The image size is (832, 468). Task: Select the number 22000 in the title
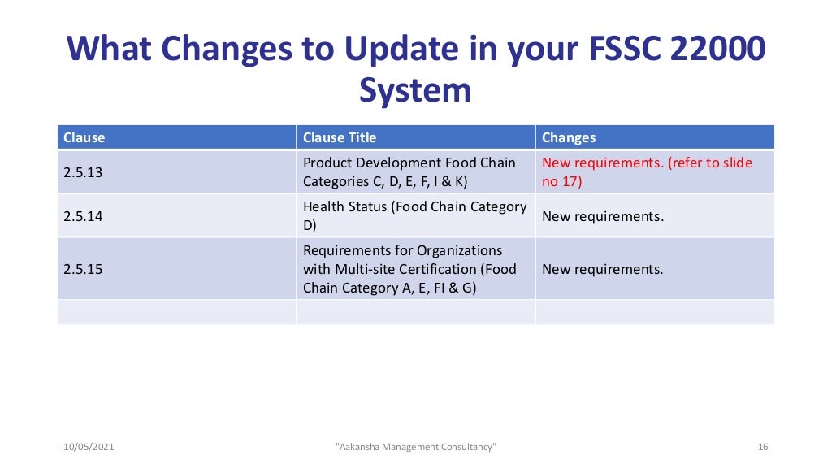point(719,50)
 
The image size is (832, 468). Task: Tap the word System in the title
point(415,89)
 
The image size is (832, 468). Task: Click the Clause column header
point(84,137)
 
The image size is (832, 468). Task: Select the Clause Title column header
point(340,137)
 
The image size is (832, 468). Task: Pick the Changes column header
point(569,137)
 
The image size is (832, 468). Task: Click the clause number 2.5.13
point(83,172)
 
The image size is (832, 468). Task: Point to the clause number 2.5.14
point(83,216)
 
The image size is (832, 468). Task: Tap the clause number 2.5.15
point(83,269)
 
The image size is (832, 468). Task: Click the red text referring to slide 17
point(647,172)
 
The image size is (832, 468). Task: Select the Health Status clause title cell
point(414,215)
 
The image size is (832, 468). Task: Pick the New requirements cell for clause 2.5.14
point(602,216)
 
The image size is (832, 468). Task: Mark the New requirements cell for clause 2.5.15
point(602,269)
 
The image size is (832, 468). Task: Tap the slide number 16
point(761,447)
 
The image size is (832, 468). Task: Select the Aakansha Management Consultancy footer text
point(415,447)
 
